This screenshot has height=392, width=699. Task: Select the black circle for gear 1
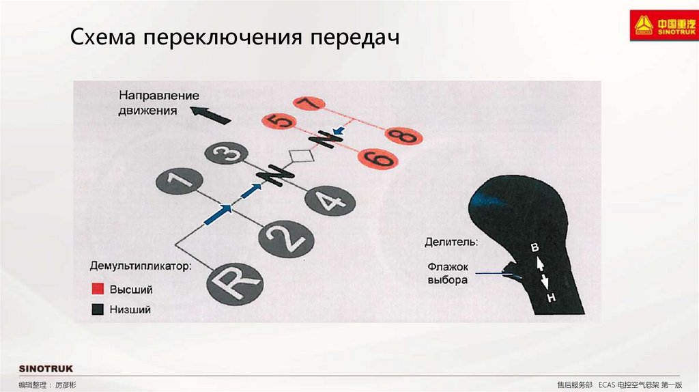(179, 182)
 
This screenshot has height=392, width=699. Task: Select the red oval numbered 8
(405, 137)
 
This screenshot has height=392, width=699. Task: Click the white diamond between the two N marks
(300, 156)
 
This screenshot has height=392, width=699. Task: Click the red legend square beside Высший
(98, 290)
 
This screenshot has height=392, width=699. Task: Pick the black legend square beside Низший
(98, 309)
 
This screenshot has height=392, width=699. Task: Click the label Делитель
(451, 242)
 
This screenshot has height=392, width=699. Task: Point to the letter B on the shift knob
(535, 248)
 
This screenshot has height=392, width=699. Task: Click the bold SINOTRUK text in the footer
(46, 369)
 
